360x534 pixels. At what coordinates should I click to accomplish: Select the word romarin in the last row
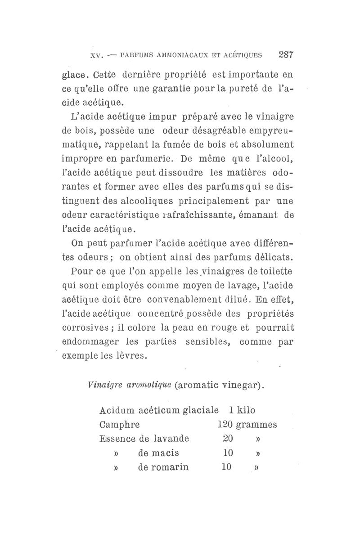click(x=163, y=467)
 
